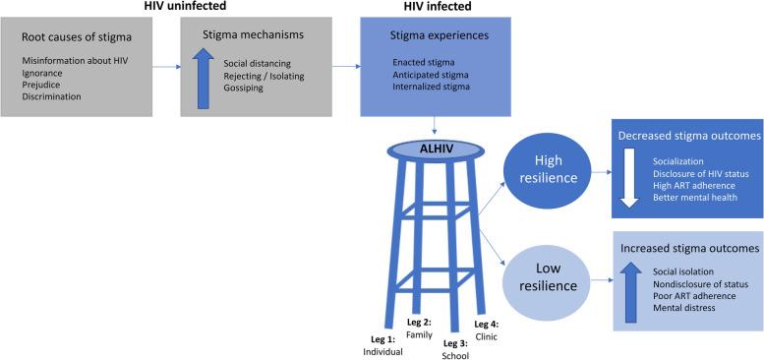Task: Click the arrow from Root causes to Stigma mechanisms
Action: click(168, 68)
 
